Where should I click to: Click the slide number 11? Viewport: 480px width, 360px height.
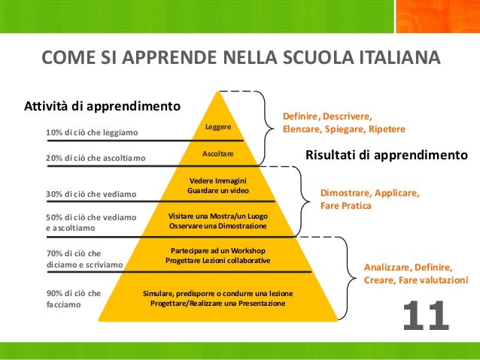click(426, 316)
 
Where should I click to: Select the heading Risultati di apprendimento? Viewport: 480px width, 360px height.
click(387, 156)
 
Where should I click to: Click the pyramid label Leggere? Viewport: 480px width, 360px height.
click(218, 126)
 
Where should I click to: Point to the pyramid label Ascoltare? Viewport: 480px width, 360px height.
click(218, 154)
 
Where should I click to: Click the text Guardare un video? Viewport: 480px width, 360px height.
click(218, 191)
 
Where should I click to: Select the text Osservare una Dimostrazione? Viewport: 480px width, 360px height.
click(218, 226)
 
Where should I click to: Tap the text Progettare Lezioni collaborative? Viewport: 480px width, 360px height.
click(218, 260)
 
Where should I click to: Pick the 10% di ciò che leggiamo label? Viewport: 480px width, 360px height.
click(92, 133)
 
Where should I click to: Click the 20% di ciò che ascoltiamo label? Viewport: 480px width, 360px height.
click(96, 159)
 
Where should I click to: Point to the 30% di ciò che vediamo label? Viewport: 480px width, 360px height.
click(91, 195)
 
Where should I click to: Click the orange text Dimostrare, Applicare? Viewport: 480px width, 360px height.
click(370, 193)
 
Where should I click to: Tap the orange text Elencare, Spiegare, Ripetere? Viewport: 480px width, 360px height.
click(344, 129)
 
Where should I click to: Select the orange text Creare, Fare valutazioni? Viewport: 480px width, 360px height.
click(415, 280)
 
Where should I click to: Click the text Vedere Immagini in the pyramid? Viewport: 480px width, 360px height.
click(218, 180)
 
